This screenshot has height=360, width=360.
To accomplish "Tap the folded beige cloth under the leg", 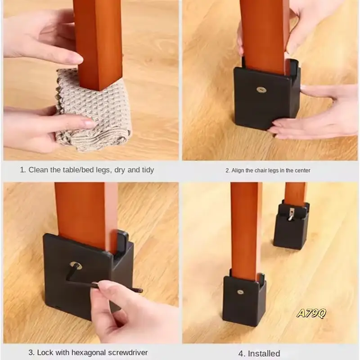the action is (92, 112).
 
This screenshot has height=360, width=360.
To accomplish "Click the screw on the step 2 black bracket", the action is (261, 90).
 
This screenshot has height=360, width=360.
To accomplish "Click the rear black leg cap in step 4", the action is (291, 227).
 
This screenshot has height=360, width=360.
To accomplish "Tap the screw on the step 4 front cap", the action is (240, 292).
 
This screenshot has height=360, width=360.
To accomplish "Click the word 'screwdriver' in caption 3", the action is (128, 352).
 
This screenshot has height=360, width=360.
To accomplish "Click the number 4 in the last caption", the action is (241, 353).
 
